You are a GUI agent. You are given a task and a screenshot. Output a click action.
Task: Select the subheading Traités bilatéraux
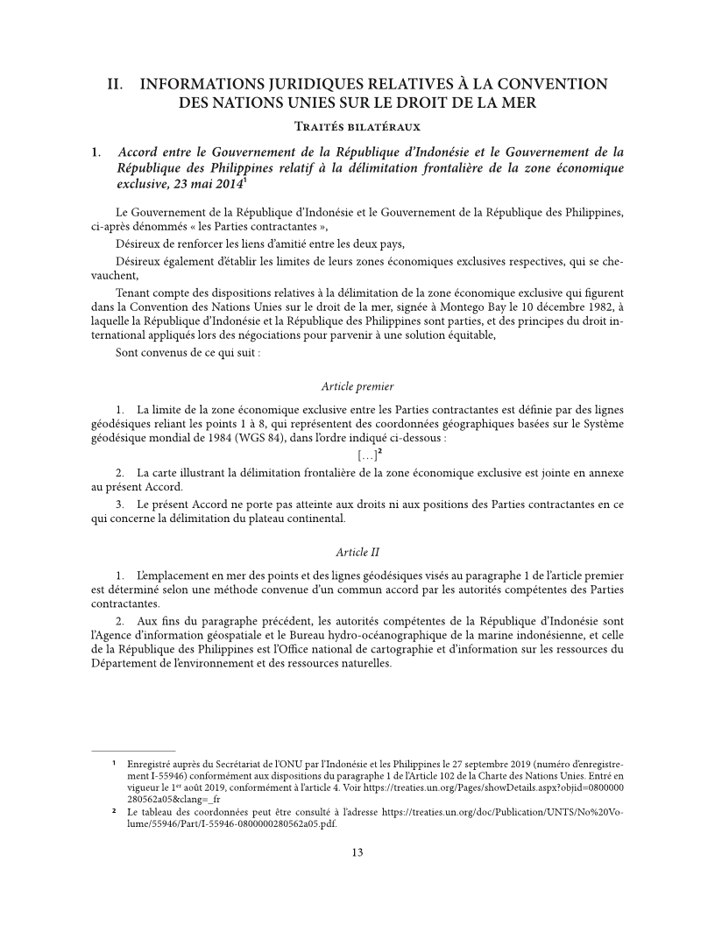(357, 126)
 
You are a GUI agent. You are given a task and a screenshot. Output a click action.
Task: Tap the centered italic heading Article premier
(357, 385)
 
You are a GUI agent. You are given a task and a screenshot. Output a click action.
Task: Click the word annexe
(601, 472)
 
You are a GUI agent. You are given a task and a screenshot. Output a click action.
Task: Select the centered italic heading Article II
(357, 552)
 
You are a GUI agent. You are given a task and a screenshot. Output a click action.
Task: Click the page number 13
(357, 852)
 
